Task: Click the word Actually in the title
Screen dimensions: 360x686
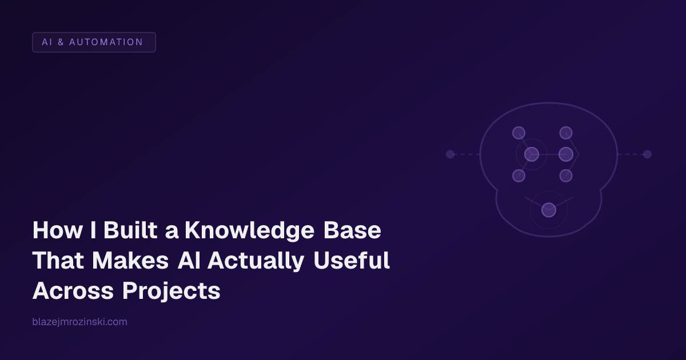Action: [x=255, y=261]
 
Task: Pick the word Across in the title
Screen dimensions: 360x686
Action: [x=73, y=291]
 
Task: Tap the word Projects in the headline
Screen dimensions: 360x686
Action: [x=171, y=291]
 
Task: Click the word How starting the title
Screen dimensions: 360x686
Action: [x=54, y=231]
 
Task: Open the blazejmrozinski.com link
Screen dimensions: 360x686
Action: [x=80, y=322]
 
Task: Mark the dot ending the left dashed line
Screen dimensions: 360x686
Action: [x=450, y=154]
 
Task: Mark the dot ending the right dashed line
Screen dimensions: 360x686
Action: [x=647, y=154]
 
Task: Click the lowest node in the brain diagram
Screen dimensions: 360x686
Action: [x=549, y=210]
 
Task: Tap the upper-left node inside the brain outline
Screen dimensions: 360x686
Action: [x=519, y=133]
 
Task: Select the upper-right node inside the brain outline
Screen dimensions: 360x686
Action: [x=566, y=133]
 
